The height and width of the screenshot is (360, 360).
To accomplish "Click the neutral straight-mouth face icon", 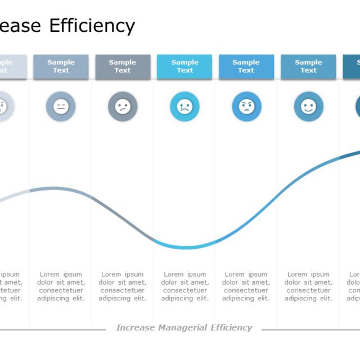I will point(61,106).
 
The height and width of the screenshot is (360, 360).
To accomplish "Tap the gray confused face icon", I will point(123,106).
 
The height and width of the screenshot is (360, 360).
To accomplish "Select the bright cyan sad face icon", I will point(184,106).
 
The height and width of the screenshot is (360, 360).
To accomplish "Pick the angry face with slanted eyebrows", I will point(246,106).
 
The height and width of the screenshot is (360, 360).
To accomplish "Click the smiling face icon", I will point(308,106).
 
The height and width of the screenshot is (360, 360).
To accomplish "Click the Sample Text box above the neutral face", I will point(61,66).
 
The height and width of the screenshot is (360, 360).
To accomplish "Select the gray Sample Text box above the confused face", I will point(123,66).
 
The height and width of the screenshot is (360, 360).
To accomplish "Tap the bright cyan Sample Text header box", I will point(184,66).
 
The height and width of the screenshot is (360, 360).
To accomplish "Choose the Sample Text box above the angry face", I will point(246,66).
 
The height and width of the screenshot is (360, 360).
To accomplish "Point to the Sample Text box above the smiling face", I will point(308,66).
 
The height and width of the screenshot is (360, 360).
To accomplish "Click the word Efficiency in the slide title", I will point(92,26).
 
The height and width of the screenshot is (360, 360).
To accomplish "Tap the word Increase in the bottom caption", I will point(136,327).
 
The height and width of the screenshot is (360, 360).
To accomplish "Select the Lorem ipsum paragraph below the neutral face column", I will point(61,286).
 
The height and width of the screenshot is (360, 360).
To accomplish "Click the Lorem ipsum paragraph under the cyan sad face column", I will point(184,286).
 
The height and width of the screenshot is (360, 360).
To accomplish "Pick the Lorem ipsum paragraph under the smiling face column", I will point(308,286).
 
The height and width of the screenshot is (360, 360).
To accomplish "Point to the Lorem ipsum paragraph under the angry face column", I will point(246,286).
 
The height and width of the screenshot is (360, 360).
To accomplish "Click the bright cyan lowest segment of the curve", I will point(184,247).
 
